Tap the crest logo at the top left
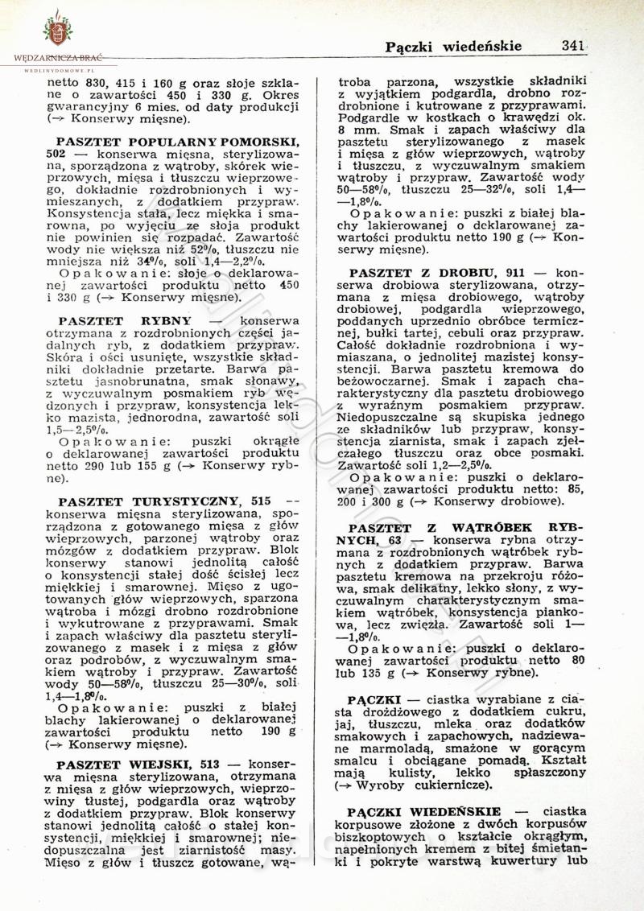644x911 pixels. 57,29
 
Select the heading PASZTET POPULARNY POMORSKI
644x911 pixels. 178,140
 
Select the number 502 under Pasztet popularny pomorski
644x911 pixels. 56,152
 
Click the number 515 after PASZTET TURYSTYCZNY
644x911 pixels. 261,501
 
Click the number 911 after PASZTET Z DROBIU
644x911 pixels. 515,273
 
